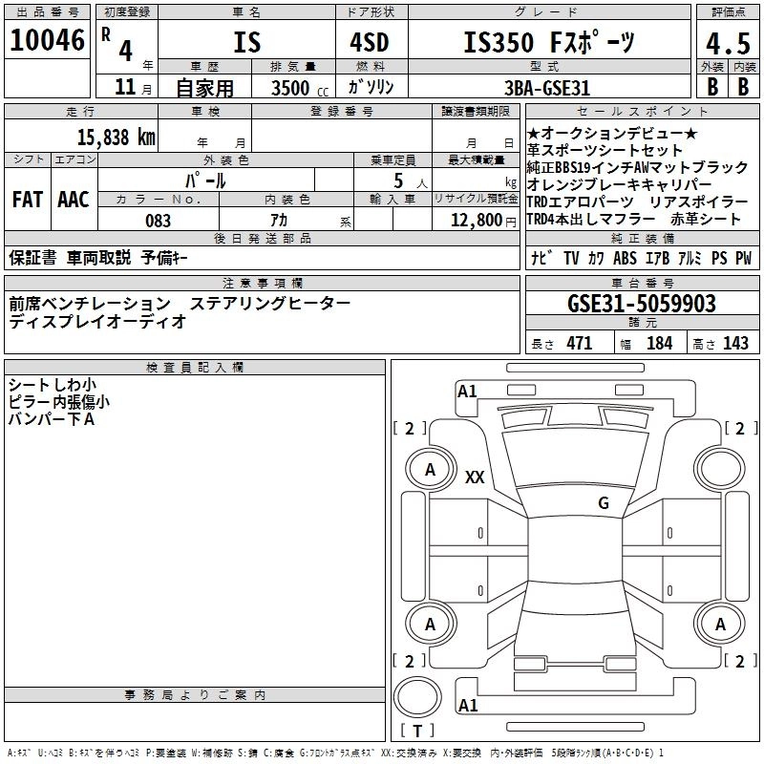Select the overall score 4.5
point(725,44)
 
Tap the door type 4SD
point(362,43)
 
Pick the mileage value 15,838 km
point(116,137)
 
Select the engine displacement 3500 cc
point(293,88)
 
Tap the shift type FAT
point(27,200)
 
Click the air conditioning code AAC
point(74,200)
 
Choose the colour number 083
point(158,221)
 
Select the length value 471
point(578,344)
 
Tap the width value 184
point(659,344)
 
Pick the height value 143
point(735,344)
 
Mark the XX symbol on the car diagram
point(474,477)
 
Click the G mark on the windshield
point(604,503)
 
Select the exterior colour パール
point(205,180)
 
